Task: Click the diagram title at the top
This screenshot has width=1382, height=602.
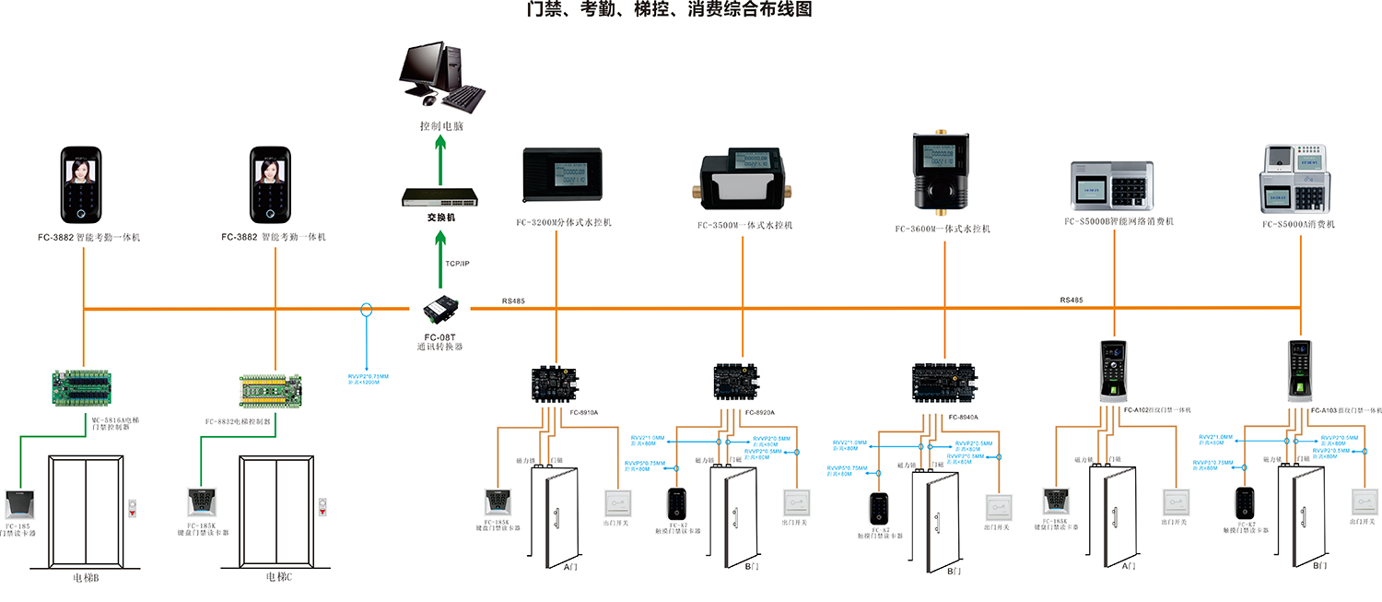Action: click(x=669, y=11)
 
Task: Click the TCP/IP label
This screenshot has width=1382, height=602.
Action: click(x=458, y=264)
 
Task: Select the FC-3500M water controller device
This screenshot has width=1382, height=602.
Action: click(x=744, y=180)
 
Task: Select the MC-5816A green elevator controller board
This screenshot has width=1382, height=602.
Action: click(x=83, y=387)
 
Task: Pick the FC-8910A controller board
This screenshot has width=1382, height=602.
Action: click(x=556, y=381)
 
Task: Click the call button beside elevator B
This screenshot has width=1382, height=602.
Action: click(x=135, y=508)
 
